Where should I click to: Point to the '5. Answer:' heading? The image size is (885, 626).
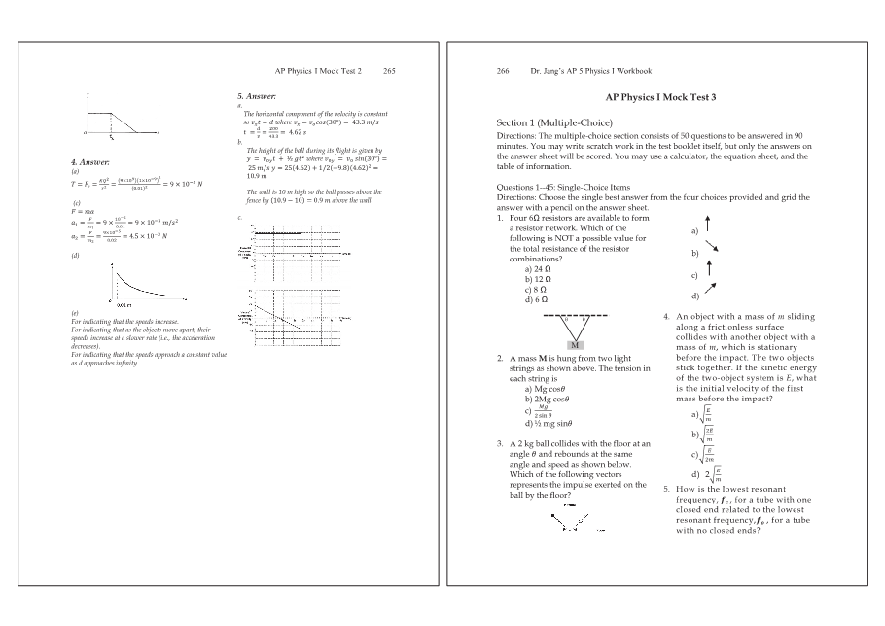pos(258,97)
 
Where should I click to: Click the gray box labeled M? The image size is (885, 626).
pos(576,345)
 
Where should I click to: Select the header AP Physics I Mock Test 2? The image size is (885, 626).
pos(319,71)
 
